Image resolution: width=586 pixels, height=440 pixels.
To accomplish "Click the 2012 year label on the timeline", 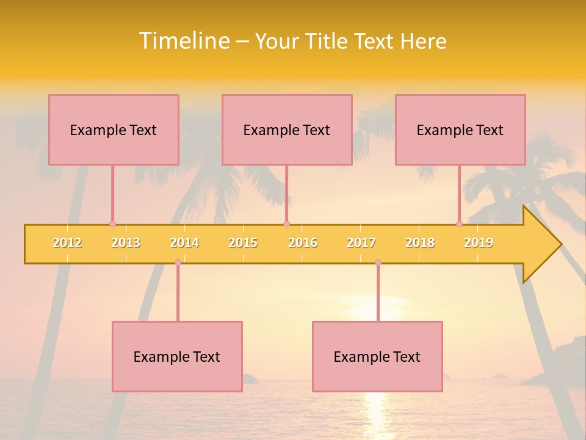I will [67, 243].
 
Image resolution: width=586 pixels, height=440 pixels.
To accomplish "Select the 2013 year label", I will [126, 243].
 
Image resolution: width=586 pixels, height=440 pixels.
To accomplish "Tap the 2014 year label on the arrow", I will [184, 243].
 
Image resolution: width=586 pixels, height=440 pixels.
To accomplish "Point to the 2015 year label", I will [243, 243].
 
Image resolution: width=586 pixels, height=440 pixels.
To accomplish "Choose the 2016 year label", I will [303, 243].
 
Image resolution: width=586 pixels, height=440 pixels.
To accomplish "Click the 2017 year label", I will [361, 243].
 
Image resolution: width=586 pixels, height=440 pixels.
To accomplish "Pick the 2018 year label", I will [420, 243].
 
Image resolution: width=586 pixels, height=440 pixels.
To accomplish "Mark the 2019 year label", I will [479, 243].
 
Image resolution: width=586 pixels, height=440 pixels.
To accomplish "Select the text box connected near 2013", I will [114, 130].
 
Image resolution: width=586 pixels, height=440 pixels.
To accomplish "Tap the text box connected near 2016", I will [287, 130].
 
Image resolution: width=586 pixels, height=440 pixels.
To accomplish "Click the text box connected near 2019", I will [460, 130].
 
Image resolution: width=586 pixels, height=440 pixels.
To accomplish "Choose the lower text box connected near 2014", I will [177, 356].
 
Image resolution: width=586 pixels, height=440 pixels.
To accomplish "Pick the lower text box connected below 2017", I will [377, 356].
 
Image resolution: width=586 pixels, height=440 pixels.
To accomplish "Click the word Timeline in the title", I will [184, 41].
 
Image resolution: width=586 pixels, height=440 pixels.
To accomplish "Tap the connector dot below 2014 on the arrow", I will [178, 262].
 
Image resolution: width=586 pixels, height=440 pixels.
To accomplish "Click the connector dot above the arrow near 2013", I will [112, 224].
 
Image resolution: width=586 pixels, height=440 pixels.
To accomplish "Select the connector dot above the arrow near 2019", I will [459, 224].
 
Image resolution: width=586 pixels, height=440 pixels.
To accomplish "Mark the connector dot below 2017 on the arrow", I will [378, 262].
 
